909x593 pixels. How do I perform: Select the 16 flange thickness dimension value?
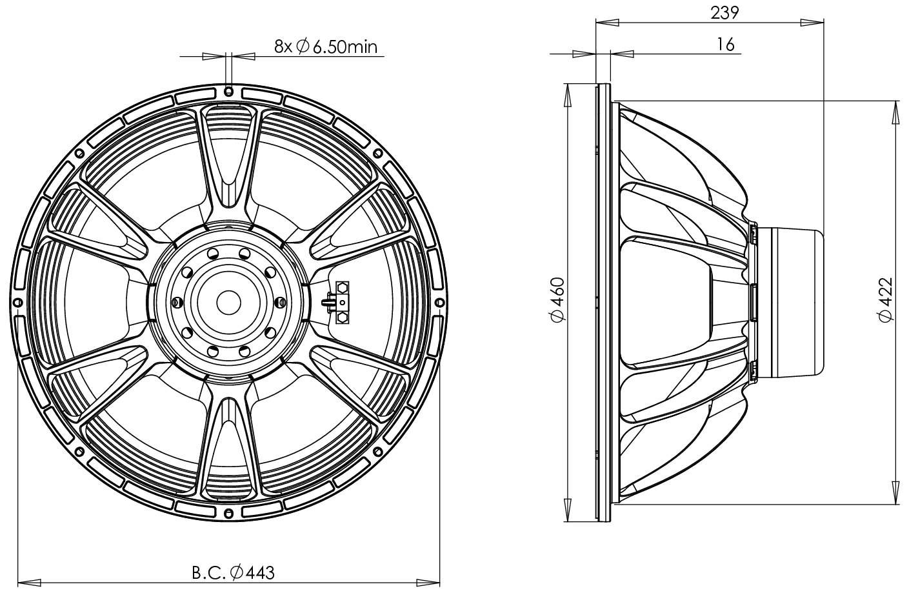point(725,44)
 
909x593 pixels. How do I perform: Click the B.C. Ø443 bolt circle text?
point(234,572)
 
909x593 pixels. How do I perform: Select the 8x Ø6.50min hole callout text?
point(325,46)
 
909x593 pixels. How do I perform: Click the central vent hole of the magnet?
point(228,301)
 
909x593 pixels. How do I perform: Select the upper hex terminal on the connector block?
point(342,286)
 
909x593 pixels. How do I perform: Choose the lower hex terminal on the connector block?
point(342,317)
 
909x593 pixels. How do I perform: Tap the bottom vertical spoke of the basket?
point(228,445)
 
